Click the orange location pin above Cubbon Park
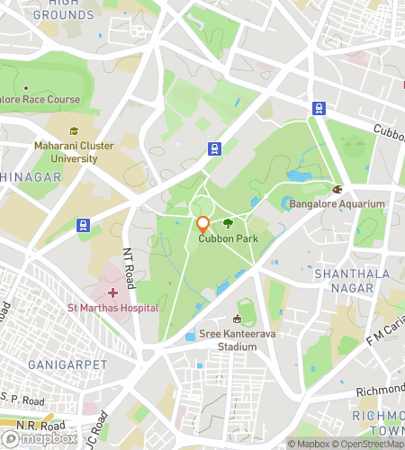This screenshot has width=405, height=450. click(x=202, y=225)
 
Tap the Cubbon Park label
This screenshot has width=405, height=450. click(x=228, y=238)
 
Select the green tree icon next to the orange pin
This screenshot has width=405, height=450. click(x=228, y=223)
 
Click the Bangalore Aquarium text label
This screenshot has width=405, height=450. click(x=337, y=204)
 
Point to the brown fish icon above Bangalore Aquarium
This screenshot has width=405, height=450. click(x=338, y=190)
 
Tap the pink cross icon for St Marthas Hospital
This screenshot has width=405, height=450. click(x=113, y=292)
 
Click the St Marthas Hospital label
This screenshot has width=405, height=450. click(x=113, y=308)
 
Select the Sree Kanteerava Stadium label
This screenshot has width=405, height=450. click(x=238, y=338)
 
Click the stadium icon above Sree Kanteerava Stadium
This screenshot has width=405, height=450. click(x=238, y=319)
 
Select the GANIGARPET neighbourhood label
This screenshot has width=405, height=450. click(x=67, y=364)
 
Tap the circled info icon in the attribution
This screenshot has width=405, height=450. click(x=292, y=443)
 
